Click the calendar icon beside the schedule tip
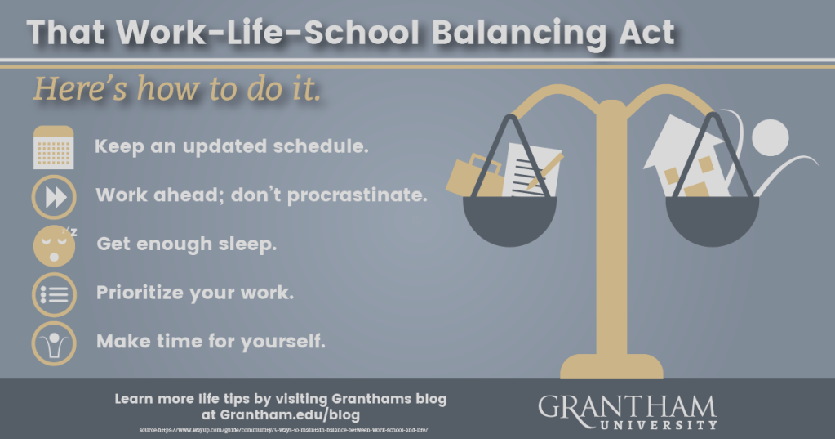pos(54,148)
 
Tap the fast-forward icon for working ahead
pos(54,197)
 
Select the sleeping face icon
pos(54,244)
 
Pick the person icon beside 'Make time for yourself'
pos(54,343)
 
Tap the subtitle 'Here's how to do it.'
pos(176,89)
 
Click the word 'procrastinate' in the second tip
pos(367,197)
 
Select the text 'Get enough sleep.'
pos(186,244)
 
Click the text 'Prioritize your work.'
pos(195,293)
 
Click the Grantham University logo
pos(627,411)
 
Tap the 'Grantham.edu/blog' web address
pos(280,414)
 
